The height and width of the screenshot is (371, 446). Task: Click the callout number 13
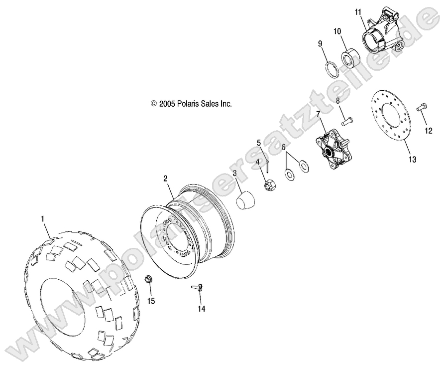pos(412,160)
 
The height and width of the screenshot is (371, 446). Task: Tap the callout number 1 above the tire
pos(43,218)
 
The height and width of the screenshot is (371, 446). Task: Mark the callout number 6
pos(283,148)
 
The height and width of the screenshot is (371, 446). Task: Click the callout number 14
pos(201,309)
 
